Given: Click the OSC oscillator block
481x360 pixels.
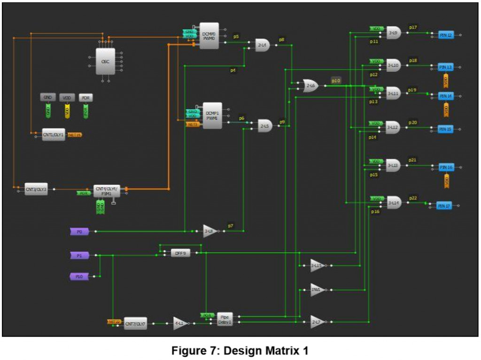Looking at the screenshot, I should click(105, 61).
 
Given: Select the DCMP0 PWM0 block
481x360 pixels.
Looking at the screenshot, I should click(209, 36).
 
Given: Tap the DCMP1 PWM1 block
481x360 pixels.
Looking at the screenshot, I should click(212, 115).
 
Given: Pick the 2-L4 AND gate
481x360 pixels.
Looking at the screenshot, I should click(262, 45).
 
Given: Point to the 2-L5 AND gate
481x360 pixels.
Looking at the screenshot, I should click(265, 125).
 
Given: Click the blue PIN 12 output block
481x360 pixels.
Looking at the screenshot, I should click(446, 35).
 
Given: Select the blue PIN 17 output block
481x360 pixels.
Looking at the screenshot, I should click(444, 206).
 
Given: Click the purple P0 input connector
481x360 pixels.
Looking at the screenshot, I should click(79, 231).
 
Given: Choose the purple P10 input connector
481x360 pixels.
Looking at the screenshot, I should click(79, 276).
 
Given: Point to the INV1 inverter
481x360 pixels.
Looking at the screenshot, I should click(317, 290).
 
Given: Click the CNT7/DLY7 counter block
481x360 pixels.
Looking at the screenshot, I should click(135, 324).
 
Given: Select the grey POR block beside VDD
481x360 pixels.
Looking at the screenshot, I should click(85, 97).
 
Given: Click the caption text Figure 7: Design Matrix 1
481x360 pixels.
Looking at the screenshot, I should click(240, 350).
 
